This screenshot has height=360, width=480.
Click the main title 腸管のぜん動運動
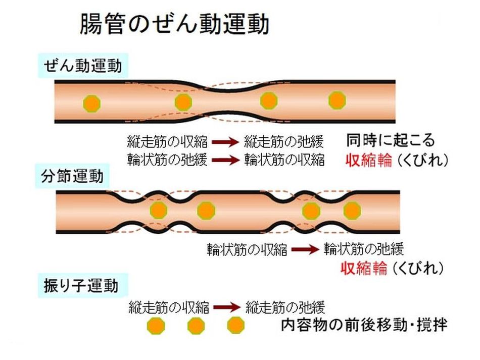click(x=174, y=24)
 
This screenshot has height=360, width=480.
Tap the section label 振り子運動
click(x=79, y=286)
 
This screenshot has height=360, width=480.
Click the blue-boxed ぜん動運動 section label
click(x=83, y=66)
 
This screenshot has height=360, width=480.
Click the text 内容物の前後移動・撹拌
click(x=364, y=325)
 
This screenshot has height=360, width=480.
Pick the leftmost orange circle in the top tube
click(x=92, y=103)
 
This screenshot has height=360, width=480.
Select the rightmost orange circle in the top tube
click(x=337, y=100)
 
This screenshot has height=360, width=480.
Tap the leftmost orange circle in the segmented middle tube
click(x=159, y=210)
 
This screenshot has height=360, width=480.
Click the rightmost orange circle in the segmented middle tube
click(x=352, y=210)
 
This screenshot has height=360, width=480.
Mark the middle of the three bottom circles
click(x=196, y=326)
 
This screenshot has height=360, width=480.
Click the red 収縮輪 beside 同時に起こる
click(x=368, y=160)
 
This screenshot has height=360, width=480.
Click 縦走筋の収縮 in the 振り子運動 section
click(x=169, y=306)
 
